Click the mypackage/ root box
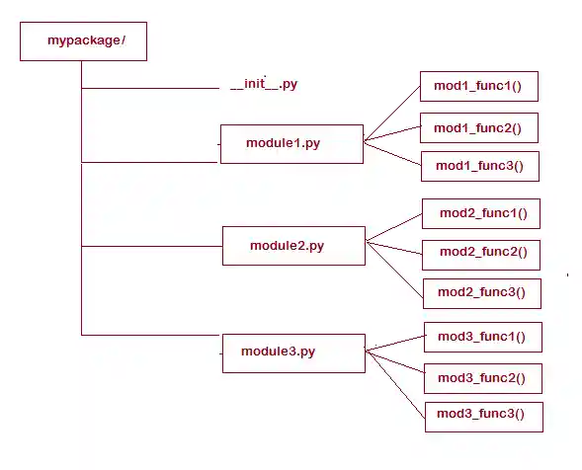[x=83, y=41]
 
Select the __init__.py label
[x=263, y=84]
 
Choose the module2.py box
[x=293, y=246]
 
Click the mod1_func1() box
[x=479, y=87]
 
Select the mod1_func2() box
[x=479, y=127]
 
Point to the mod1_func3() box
[x=480, y=167]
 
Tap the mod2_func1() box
[x=481, y=213]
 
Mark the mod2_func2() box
[x=481, y=253]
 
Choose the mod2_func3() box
[x=481, y=292]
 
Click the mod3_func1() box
[x=482, y=338]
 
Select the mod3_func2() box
[x=482, y=377]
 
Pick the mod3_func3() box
[x=482, y=415]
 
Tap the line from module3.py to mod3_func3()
[x=395, y=380]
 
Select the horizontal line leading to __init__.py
[x=148, y=88]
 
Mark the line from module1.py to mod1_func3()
[x=392, y=153]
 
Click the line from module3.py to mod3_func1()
[x=395, y=344]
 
